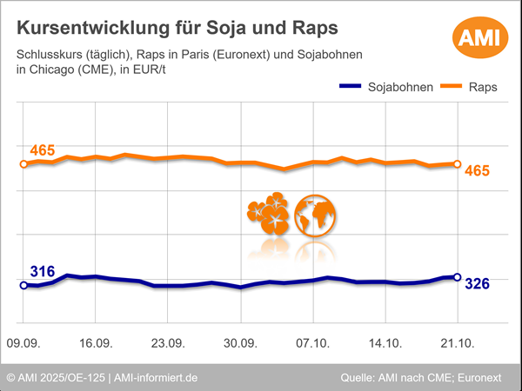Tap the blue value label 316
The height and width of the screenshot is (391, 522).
43,272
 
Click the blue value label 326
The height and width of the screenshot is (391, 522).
478,283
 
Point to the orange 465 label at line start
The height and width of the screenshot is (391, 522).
43,151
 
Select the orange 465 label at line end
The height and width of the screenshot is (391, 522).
478,170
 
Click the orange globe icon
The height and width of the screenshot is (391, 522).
315,214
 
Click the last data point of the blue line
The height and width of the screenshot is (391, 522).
458,277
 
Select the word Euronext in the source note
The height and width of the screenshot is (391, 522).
487,378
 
